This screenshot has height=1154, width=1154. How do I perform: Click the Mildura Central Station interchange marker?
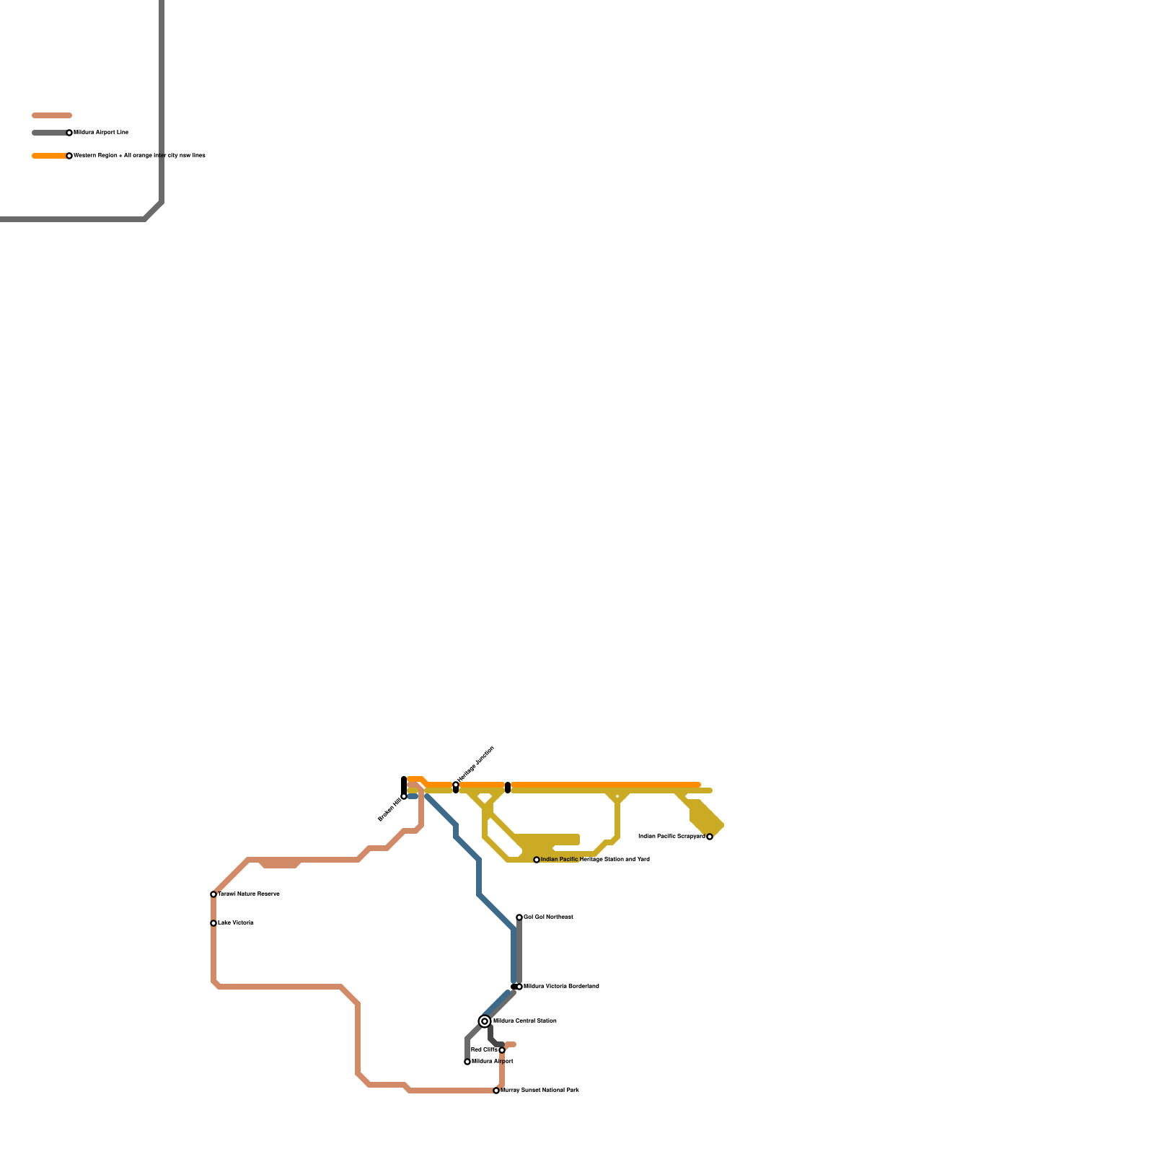tap(485, 1021)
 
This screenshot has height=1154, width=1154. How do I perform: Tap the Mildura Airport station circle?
tap(467, 1062)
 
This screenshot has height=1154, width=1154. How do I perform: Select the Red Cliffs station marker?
tap(502, 1050)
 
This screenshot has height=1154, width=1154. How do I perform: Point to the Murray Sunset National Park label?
tap(539, 1090)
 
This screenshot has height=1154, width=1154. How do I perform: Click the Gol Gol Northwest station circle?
tap(519, 917)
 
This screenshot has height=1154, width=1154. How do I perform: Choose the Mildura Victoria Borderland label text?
tap(561, 986)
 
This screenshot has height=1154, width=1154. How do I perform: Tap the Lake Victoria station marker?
tap(213, 923)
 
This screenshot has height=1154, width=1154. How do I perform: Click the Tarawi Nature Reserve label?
tap(249, 894)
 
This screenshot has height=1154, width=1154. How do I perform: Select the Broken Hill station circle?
tap(404, 796)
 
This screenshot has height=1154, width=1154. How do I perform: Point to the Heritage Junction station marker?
tap(456, 785)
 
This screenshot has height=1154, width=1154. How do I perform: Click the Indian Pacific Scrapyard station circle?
tap(710, 837)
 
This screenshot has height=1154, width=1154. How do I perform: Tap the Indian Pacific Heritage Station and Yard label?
tap(595, 859)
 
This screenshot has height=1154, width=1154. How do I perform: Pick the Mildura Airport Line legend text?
tap(101, 132)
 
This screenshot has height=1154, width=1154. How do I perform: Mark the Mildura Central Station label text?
tap(524, 1021)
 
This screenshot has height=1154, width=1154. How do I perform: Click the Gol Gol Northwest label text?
tap(548, 917)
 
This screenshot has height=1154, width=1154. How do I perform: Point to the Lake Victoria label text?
tap(236, 922)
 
